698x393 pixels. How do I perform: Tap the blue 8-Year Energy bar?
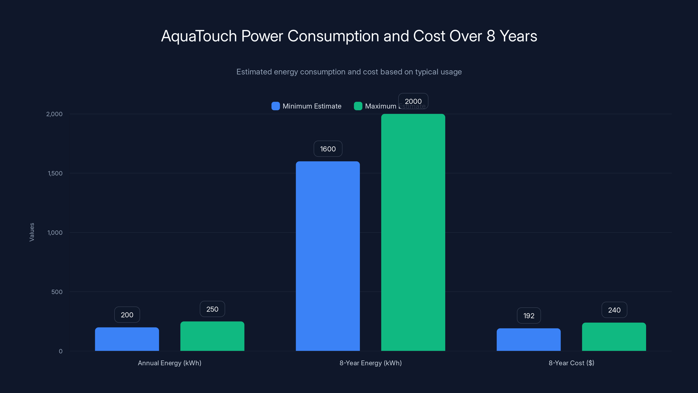tap(328, 256)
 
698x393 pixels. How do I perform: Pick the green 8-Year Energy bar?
tap(413, 233)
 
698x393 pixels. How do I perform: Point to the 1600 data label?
tap(328, 149)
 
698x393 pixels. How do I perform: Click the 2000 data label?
tap(413, 101)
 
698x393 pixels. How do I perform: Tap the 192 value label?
tap(529, 315)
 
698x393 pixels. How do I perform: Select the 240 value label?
tap(614, 310)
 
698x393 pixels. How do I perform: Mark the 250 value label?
tap(212, 309)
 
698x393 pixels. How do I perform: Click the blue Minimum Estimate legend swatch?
tap(275, 106)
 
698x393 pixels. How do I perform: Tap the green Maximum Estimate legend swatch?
tap(358, 106)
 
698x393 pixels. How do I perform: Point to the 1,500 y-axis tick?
tap(55, 173)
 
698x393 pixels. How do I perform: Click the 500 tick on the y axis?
tap(57, 292)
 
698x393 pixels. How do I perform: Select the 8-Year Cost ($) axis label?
tap(571, 363)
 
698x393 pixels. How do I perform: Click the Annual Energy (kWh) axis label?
tap(169, 363)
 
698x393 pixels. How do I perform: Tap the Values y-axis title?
tap(32, 232)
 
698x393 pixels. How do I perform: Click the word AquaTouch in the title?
tap(199, 36)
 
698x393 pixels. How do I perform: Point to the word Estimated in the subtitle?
tap(254, 72)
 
